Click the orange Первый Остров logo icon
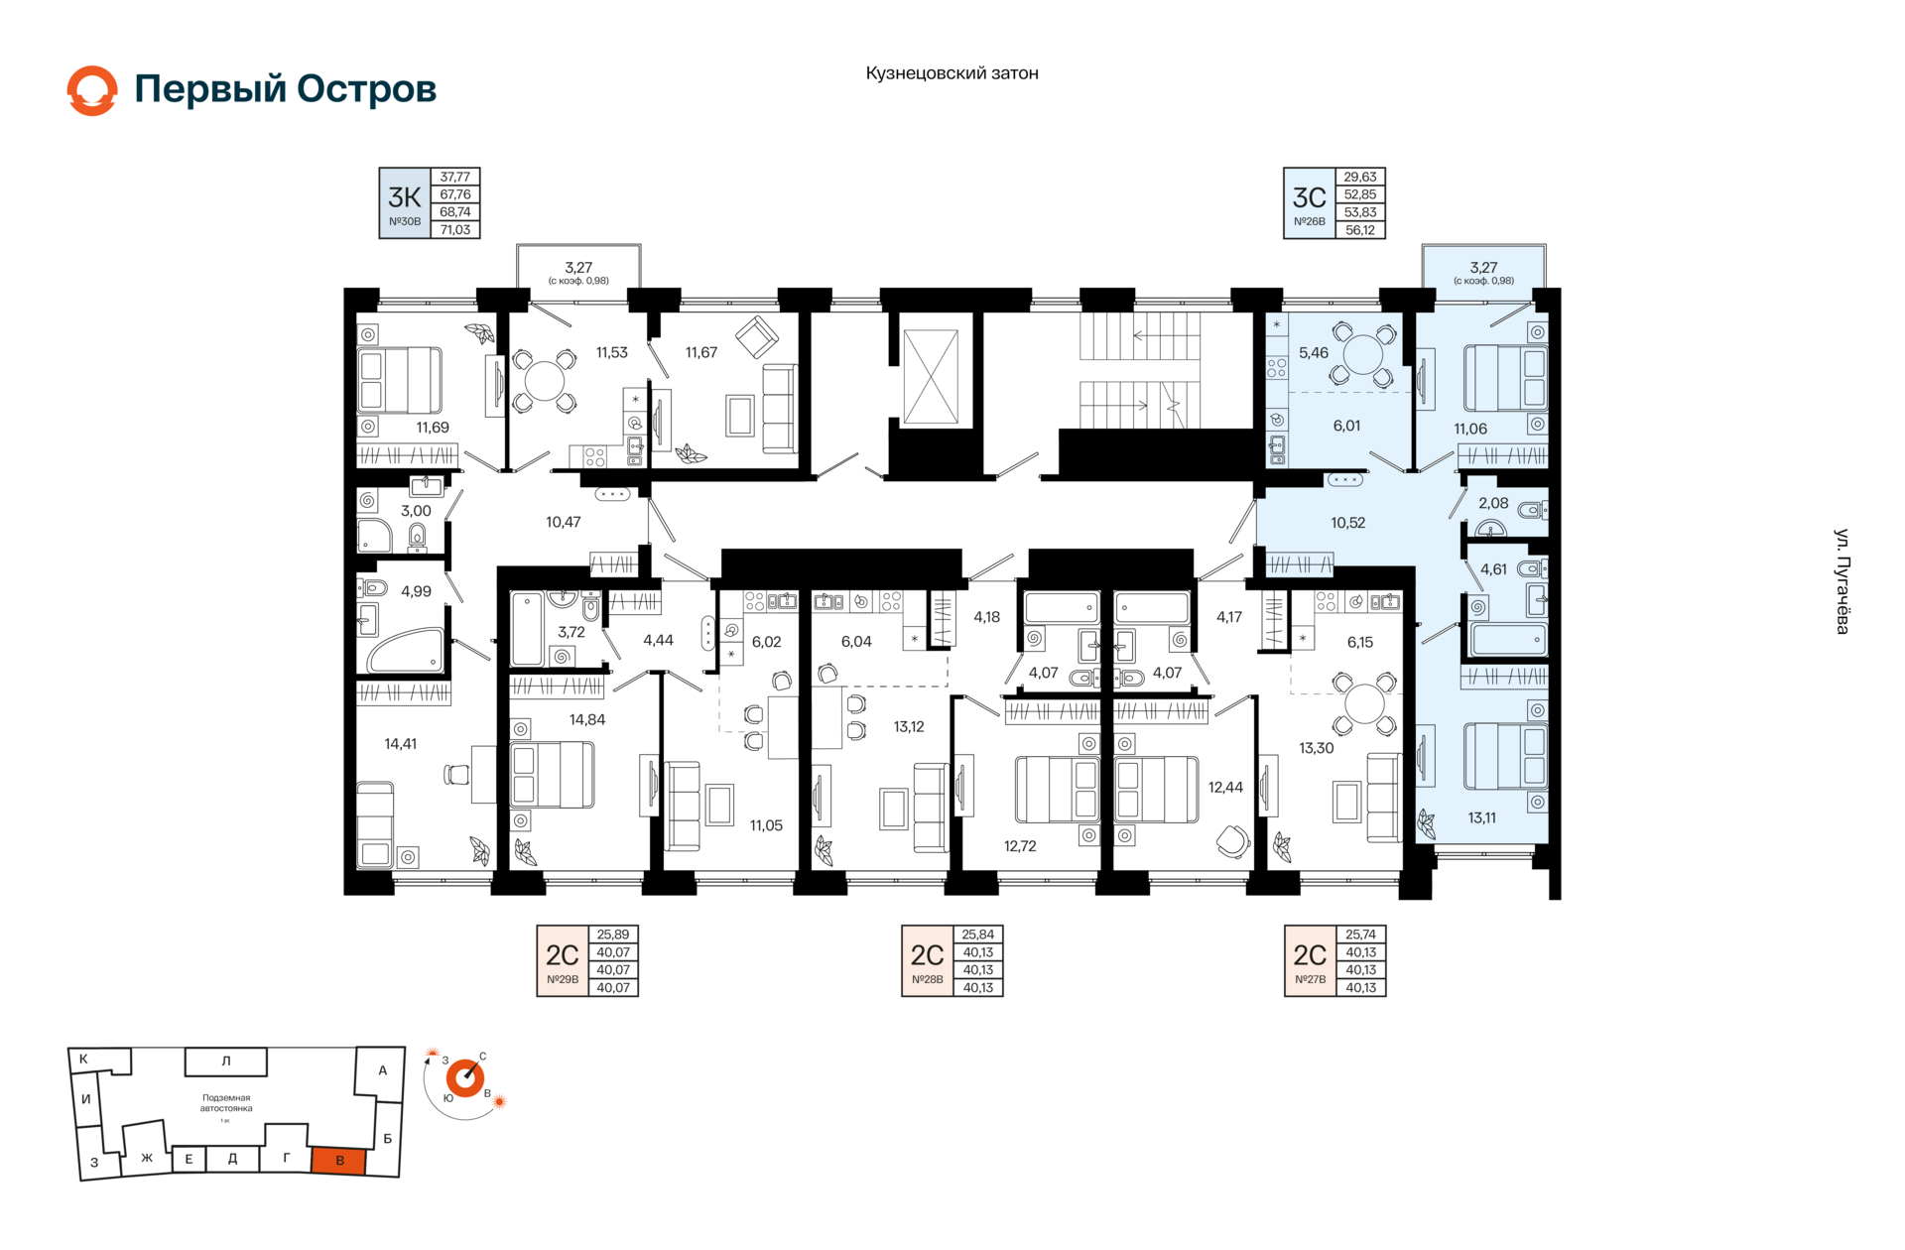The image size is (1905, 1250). click(92, 90)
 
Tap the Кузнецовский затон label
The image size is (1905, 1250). click(952, 73)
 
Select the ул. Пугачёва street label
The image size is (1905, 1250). click(1841, 581)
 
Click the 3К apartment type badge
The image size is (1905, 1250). click(405, 203)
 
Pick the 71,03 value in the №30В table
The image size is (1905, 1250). click(455, 230)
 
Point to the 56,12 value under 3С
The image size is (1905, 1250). click(1360, 230)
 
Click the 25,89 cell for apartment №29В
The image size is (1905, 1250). click(613, 935)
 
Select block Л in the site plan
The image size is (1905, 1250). click(226, 1062)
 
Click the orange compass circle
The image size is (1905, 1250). click(464, 1077)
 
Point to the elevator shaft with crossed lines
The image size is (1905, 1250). click(931, 377)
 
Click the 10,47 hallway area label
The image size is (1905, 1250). click(564, 522)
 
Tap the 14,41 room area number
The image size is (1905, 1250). click(401, 744)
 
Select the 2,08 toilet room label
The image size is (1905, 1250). click(1493, 503)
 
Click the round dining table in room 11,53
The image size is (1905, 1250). click(544, 381)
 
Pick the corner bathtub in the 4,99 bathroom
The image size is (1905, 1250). click(406, 650)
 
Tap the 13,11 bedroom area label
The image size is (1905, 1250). click(1482, 818)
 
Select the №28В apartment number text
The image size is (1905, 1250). click(928, 980)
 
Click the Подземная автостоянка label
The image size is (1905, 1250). click(226, 1103)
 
